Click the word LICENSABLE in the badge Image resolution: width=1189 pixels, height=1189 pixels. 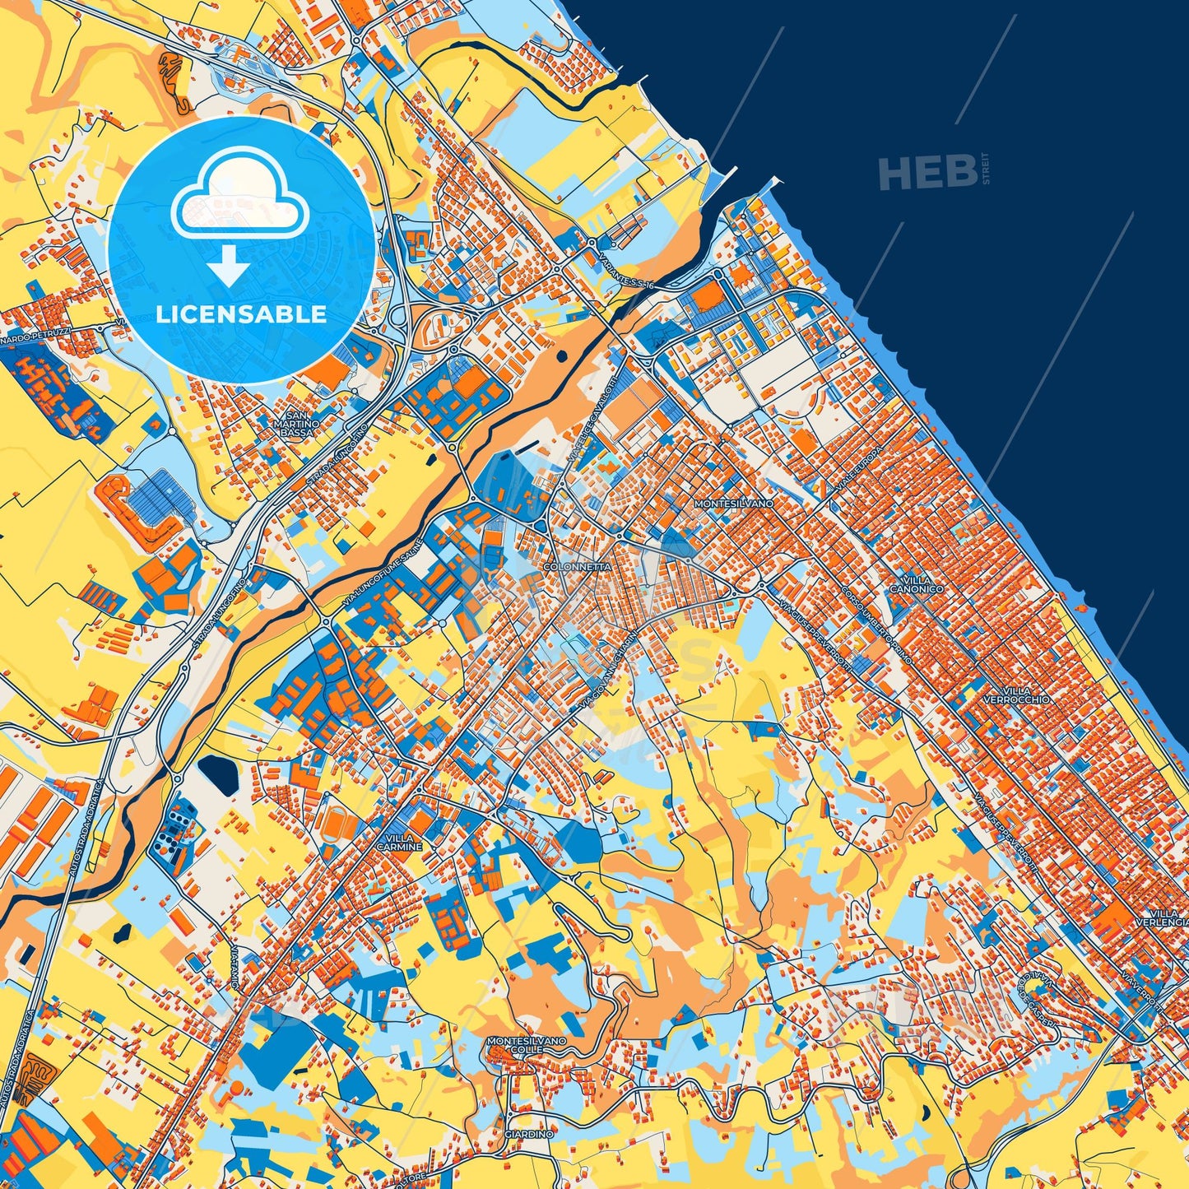click(x=240, y=314)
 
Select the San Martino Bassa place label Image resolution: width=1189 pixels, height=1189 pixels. click(x=297, y=424)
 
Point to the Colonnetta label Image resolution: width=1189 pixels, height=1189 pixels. click(x=578, y=568)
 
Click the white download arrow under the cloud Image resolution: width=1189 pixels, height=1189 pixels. click(x=230, y=267)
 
